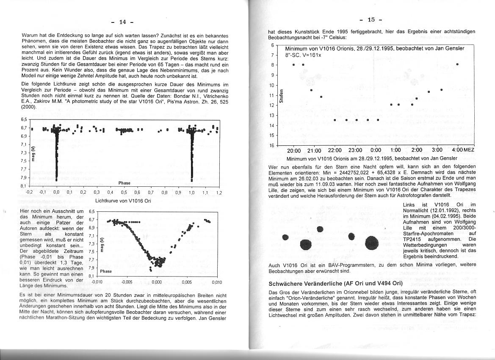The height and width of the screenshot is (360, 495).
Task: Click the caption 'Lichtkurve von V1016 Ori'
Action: (123, 201)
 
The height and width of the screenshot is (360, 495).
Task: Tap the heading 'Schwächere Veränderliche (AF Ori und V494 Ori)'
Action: (335, 283)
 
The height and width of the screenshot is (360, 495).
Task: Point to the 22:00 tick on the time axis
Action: (335, 150)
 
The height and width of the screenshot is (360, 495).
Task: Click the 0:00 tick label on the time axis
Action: (376, 150)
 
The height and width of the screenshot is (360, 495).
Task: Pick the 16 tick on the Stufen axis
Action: (272, 145)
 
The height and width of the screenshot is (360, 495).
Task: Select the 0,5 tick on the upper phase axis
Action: (124, 192)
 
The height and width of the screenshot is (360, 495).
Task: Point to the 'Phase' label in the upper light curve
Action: (124, 183)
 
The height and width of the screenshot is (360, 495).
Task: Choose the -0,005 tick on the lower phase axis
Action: (127, 282)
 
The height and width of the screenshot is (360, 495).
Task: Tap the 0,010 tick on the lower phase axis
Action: (216, 282)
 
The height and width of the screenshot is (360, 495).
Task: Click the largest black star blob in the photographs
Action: (371, 243)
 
